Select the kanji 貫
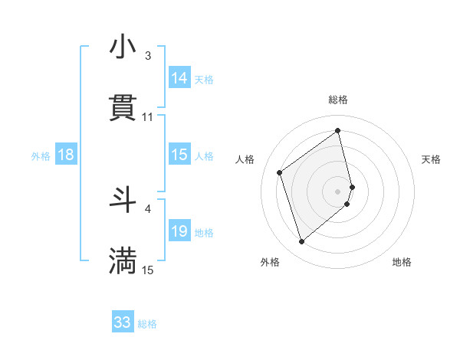(123, 108)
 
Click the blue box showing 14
(179, 78)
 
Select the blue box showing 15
(179, 155)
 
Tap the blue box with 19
(179, 231)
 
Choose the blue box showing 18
(66, 155)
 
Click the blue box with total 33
(123, 322)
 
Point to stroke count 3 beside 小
(148, 56)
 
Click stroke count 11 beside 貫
(148, 117)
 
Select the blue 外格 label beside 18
(40, 156)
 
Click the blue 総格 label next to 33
(147, 324)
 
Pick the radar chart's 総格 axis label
(338, 100)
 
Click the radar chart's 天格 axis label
(432, 159)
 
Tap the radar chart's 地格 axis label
(402, 262)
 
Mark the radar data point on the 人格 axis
(280, 172)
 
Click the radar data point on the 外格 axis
(302, 242)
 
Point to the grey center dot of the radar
(338, 191)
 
